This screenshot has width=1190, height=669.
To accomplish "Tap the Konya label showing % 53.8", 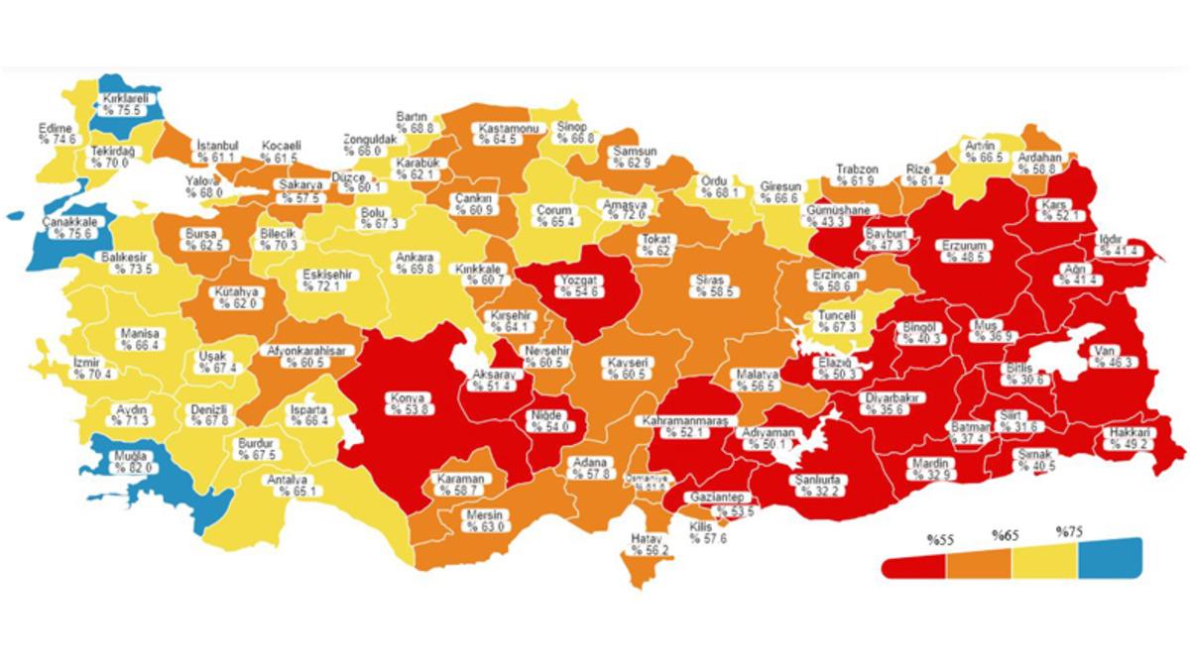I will point(409,401).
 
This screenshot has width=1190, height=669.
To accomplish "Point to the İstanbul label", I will point(216,151).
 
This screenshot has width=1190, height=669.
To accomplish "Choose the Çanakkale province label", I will point(68,227).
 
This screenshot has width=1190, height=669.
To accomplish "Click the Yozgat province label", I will point(577,285).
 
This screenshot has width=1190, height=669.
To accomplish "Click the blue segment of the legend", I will point(1110,557).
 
